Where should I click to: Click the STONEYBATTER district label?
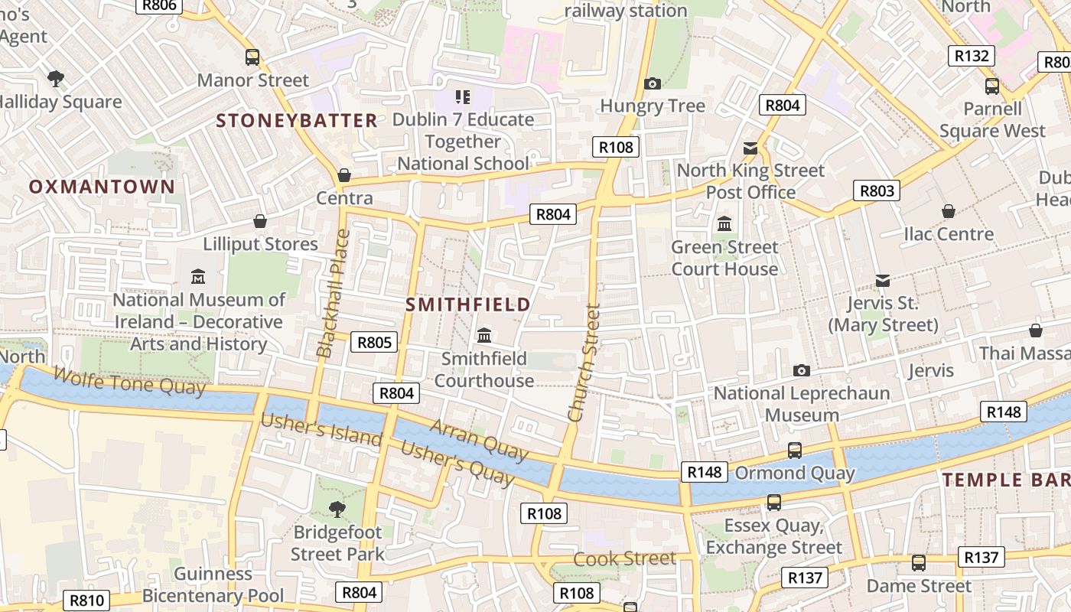click(x=297, y=120)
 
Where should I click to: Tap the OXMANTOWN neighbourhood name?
click(x=103, y=187)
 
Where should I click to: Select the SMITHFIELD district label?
click(x=467, y=304)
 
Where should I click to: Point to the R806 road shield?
click(x=160, y=5)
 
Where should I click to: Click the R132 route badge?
click(x=972, y=56)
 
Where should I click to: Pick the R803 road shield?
click(x=877, y=190)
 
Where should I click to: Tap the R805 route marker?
click(x=374, y=342)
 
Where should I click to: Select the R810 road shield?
click(x=86, y=601)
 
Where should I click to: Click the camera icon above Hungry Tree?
click(x=652, y=83)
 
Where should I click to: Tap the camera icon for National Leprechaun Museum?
click(x=801, y=371)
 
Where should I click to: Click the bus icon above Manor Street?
click(x=252, y=57)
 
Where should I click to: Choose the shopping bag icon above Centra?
click(x=344, y=176)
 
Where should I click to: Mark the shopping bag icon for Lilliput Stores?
click(x=260, y=222)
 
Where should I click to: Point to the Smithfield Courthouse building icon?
click(x=483, y=336)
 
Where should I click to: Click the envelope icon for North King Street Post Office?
click(x=750, y=148)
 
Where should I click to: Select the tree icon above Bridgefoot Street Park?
click(x=337, y=509)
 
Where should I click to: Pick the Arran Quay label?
click(x=479, y=441)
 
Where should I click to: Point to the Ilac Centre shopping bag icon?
click(x=949, y=211)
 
